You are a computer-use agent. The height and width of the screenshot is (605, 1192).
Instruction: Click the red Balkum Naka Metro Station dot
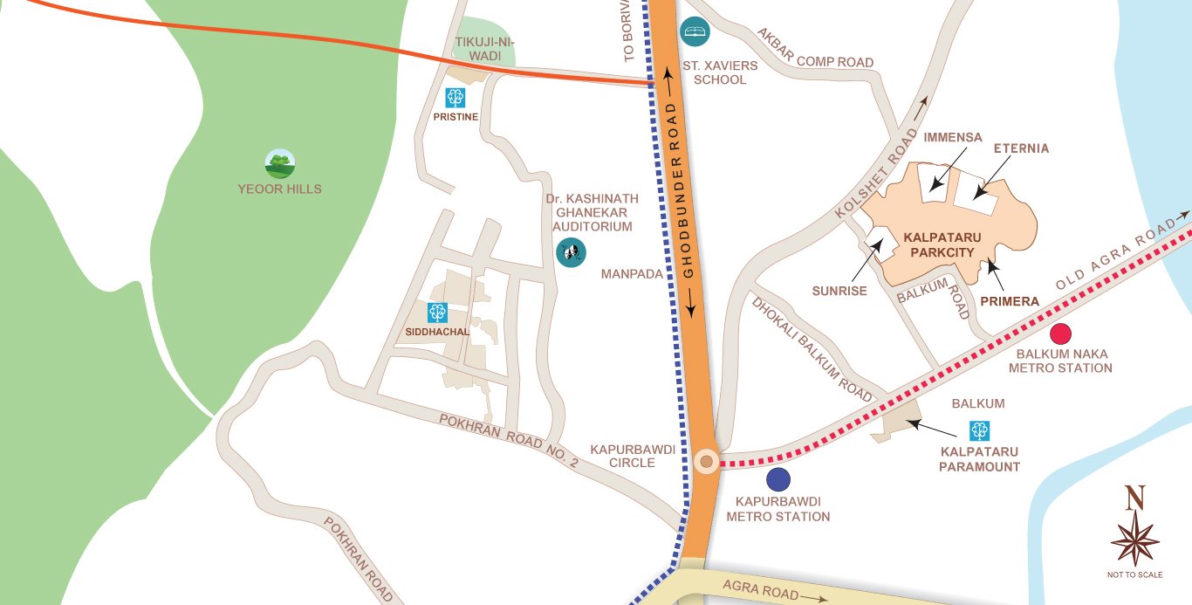tap(1060, 333)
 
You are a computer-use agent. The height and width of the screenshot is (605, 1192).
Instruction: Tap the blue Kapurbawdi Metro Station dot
tap(778, 478)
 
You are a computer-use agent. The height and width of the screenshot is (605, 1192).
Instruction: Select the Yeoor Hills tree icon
tap(280, 163)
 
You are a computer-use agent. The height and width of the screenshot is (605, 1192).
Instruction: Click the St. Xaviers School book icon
tap(695, 32)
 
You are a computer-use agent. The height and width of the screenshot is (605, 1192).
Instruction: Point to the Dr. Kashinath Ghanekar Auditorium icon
tap(571, 253)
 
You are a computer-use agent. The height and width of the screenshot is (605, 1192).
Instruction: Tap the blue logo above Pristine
tap(455, 97)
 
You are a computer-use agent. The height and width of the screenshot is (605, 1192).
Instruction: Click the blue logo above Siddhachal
tap(437, 312)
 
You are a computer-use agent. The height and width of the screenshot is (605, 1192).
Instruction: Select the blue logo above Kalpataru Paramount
tap(979, 430)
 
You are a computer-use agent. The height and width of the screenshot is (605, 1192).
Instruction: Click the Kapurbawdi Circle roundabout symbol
tap(706, 461)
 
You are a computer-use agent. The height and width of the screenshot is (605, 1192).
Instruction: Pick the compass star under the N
tap(1134, 539)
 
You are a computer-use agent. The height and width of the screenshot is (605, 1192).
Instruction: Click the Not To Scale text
tap(1134, 574)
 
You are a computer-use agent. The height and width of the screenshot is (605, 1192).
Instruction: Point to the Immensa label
tap(952, 137)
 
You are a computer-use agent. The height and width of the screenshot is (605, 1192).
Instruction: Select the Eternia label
tap(1021, 148)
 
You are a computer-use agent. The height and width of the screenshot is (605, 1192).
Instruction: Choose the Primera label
tap(1010, 301)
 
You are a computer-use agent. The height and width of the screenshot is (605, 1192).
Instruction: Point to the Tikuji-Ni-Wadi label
tap(477, 48)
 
